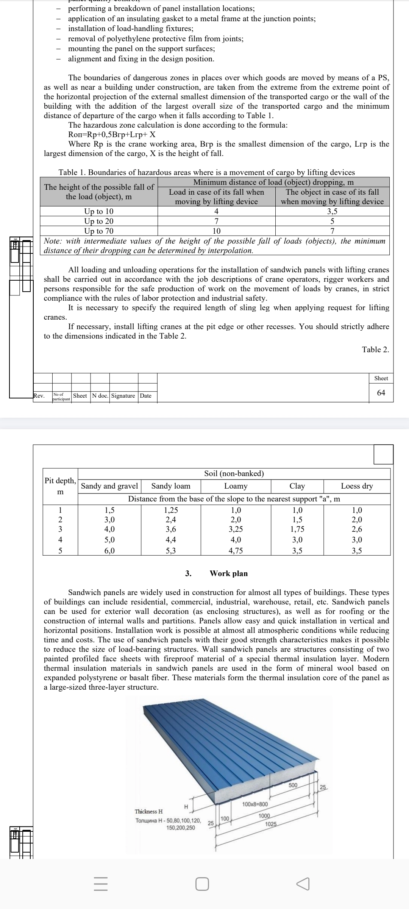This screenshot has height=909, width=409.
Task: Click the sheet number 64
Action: [381, 393]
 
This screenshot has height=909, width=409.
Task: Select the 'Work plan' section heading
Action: [229, 573]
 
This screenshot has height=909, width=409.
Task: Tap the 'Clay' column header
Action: [297, 486]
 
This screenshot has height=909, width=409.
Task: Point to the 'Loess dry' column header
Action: [357, 486]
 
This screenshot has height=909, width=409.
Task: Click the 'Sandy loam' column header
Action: [171, 486]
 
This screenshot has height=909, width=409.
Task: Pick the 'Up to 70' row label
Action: [98, 231]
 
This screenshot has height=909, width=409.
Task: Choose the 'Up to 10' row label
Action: [98, 211]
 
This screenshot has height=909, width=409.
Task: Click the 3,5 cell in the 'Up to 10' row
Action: [332, 211]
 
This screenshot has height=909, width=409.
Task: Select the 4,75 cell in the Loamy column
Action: [236, 551]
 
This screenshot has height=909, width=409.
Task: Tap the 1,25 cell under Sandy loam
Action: [171, 510]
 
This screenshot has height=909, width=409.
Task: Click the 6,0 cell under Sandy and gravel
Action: [109, 551]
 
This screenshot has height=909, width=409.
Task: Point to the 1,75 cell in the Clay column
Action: [297, 529]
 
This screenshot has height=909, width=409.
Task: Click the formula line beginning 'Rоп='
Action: [112, 134]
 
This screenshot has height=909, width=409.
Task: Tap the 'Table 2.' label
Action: [375, 350]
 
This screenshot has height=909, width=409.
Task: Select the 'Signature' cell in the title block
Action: [123, 396]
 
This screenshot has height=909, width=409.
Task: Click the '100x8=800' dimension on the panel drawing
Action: [255, 804]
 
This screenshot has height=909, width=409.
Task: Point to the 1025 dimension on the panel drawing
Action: [271, 825]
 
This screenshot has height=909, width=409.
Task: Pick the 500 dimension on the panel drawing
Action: [293, 785]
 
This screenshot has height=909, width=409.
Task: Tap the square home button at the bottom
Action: [202, 884]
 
